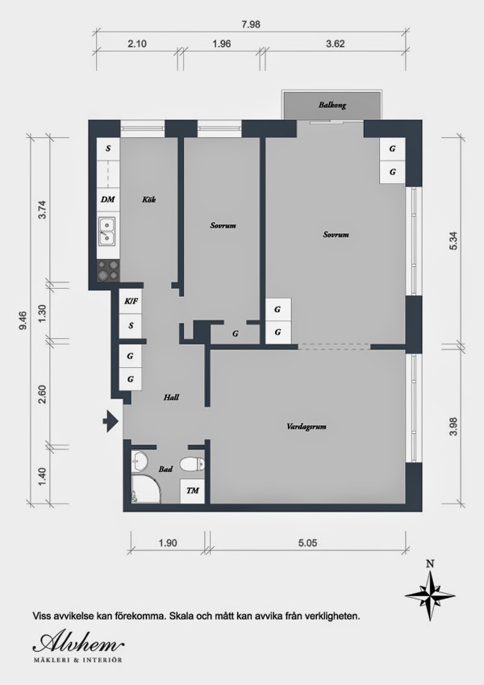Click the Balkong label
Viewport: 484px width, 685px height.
(332, 105)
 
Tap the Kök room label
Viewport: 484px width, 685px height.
(148, 199)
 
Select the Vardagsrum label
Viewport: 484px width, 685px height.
(307, 427)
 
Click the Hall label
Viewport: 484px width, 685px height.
(171, 398)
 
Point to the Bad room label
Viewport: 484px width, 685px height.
(165, 470)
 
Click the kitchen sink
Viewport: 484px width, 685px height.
(107, 231)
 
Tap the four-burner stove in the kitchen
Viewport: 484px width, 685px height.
(108, 270)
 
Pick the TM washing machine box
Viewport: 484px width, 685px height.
(192, 491)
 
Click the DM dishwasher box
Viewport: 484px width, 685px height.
(107, 199)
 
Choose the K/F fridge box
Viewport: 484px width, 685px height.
(131, 302)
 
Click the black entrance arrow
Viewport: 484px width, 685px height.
(111, 421)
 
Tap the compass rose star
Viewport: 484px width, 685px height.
(431, 595)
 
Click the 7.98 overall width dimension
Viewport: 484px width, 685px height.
(251, 24)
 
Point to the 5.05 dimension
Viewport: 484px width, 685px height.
(307, 543)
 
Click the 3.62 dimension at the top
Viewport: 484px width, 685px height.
(336, 44)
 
